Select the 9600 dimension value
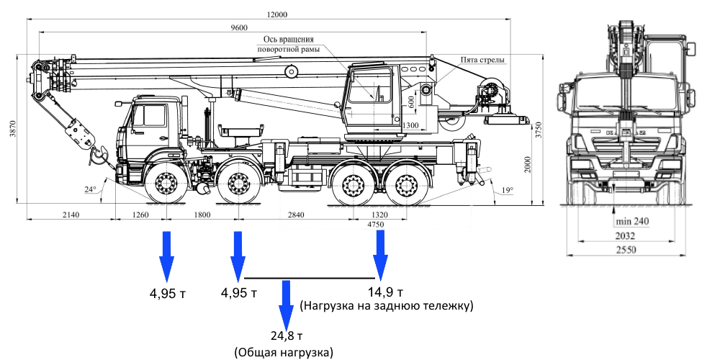tap(239, 27)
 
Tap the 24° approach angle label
tap(90, 189)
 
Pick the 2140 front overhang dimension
tap(71, 215)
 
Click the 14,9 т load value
tap(386, 292)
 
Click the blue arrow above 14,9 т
tap(380, 256)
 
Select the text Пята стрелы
tap(483, 60)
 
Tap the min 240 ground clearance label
tap(632, 222)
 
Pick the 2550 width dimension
tap(626, 250)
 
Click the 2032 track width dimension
tap(626, 236)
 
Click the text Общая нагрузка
tap(283, 353)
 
